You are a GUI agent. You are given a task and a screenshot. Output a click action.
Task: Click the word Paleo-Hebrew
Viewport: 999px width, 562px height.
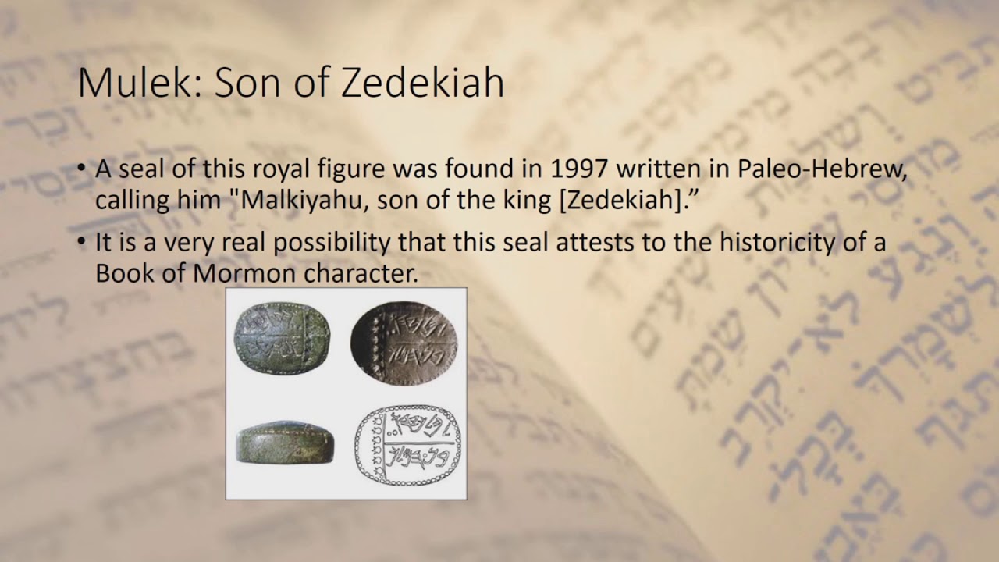pos(823,170)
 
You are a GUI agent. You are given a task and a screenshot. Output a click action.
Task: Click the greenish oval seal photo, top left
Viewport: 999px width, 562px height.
pos(283,340)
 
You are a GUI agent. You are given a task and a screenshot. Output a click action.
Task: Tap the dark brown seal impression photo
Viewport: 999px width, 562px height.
pos(404,340)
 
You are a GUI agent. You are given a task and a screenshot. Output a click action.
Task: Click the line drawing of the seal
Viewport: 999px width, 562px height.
pos(407,445)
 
